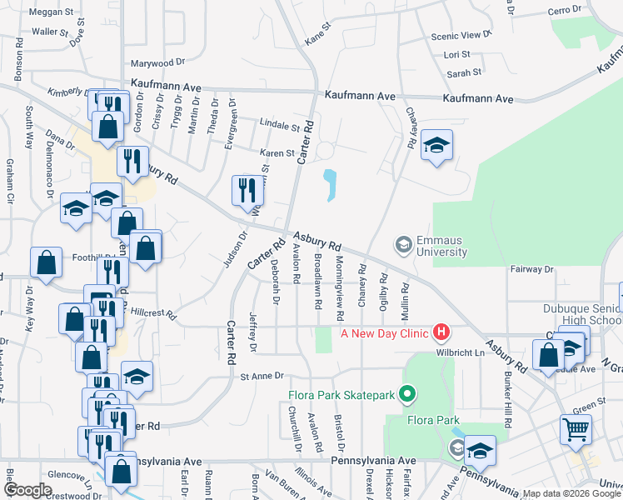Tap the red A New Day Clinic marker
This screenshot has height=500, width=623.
click(441, 333)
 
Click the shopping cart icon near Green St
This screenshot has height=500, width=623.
click(576, 429)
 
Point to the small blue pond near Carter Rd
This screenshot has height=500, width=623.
click(331, 185)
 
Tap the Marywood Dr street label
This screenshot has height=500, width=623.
click(157, 63)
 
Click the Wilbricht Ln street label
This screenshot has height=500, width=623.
click(459, 352)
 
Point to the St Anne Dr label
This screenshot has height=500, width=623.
click(262, 377)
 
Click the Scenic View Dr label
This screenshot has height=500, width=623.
click(456, 36)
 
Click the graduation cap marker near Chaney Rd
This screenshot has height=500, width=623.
click(436, 147)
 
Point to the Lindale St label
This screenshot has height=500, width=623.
click(279, 127)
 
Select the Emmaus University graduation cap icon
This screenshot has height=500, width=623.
click(403, 244)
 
